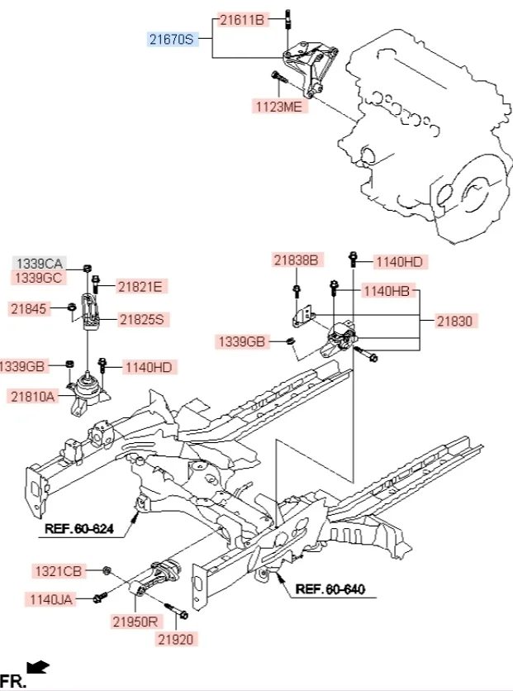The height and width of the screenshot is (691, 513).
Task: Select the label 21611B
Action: point(241,18)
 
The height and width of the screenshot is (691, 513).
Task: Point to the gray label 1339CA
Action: point(40,262)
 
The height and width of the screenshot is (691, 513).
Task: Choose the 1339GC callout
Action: point(40,278)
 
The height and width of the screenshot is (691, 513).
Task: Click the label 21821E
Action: point(140,287)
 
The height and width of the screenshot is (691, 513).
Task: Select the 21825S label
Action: point(142,318)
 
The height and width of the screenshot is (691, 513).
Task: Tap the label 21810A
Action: point(33,397)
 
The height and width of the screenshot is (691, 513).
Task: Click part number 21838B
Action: point(296,260)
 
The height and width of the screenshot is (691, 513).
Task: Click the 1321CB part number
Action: point(58,571)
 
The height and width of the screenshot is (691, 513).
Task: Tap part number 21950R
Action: point(135,620)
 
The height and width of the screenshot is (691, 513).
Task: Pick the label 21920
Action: point(178,638)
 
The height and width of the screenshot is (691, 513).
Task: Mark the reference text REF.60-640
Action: point(330,590)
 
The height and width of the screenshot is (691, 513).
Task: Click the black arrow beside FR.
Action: point(36,666)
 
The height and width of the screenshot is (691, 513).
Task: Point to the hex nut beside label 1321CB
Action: point(107,570)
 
